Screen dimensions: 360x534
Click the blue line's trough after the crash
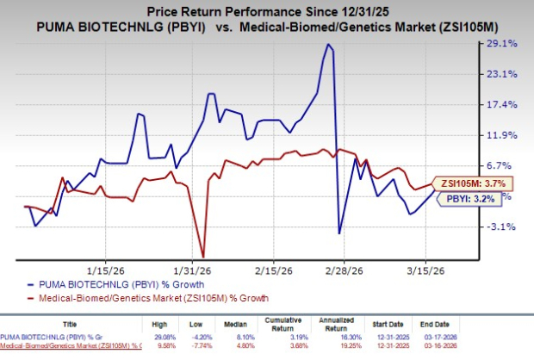point(339,233)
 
